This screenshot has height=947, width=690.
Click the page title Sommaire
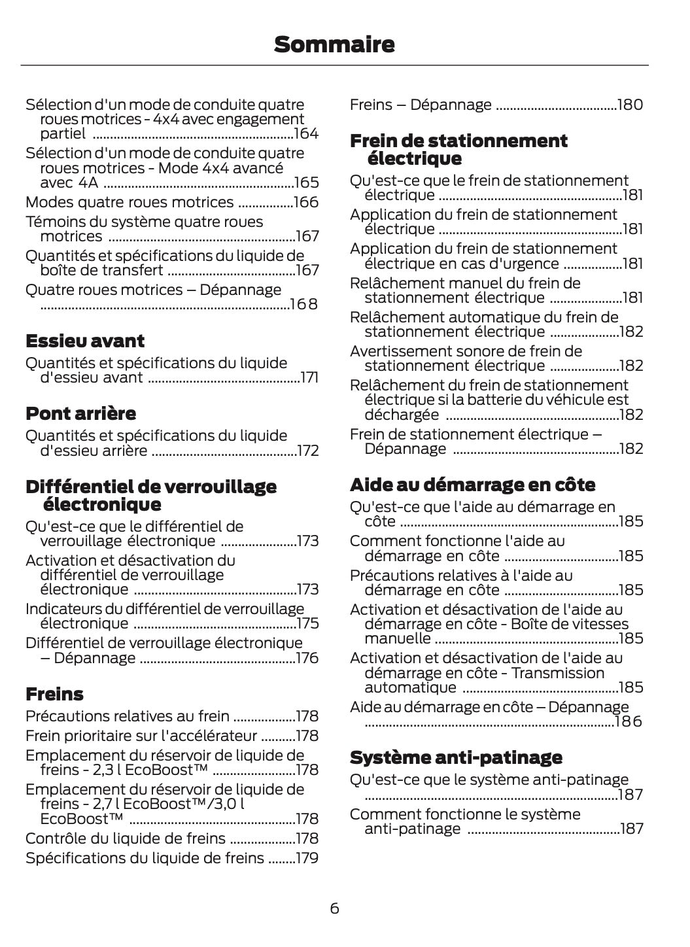(x=334, y=44)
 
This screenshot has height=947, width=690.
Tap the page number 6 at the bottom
(x=334, y=908)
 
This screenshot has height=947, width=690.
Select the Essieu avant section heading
(x=85, y=341)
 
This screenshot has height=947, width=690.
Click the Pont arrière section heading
(x=80, y=413)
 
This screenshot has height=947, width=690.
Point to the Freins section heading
(x=54, y=694)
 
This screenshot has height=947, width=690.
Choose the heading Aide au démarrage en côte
(x=472, y=485)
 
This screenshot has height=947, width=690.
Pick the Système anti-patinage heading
(x=456, y=757)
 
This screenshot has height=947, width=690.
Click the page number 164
(x=306, y=134)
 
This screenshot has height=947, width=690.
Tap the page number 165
(x=306, y=182)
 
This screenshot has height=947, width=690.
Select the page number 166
(x=306, y=202)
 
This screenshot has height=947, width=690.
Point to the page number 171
(x=309, y=377)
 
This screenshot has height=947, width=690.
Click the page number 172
(x=307, y=451)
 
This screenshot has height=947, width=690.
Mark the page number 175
(x=307, y=623)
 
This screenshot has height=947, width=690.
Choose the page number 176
(x=307, y=658)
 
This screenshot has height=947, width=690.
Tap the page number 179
(x=307, y=858)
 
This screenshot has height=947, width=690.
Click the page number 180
(x=630, y=105)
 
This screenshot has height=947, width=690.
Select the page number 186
(x=629, y=721)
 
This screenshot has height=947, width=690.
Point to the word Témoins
(x=54, y=222)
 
